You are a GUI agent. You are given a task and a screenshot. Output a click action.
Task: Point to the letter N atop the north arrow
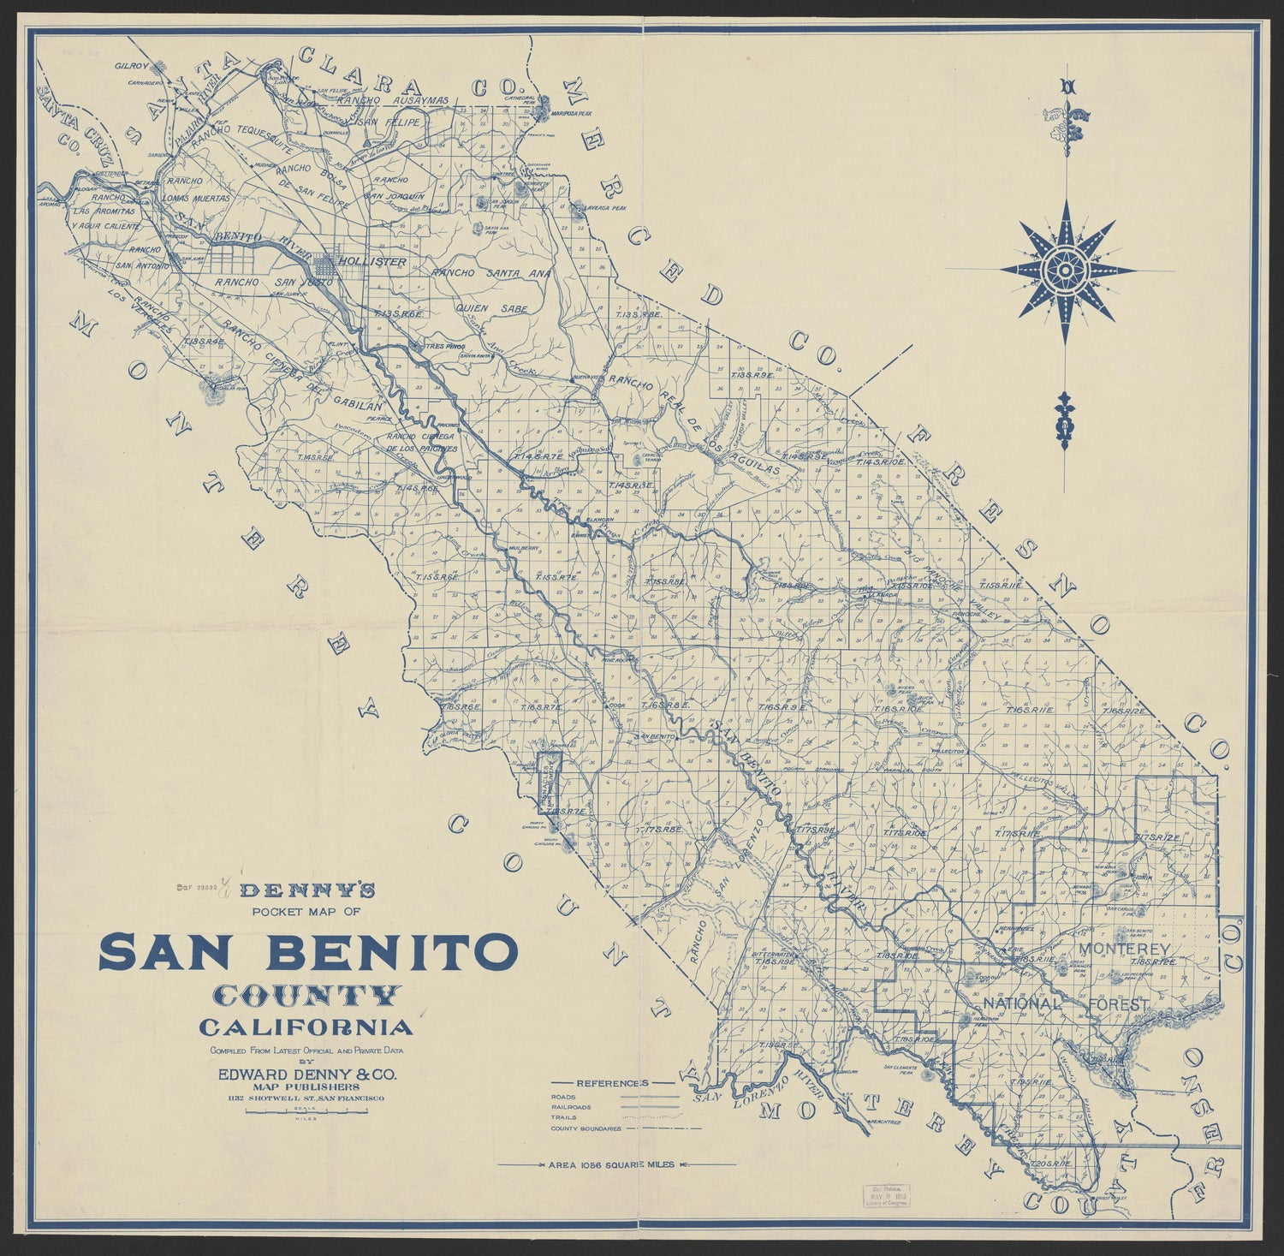pos(1066,86)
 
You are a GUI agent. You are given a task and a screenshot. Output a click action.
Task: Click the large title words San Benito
pos(309,952)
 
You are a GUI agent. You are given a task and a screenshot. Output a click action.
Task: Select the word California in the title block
pos(306,1026)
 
